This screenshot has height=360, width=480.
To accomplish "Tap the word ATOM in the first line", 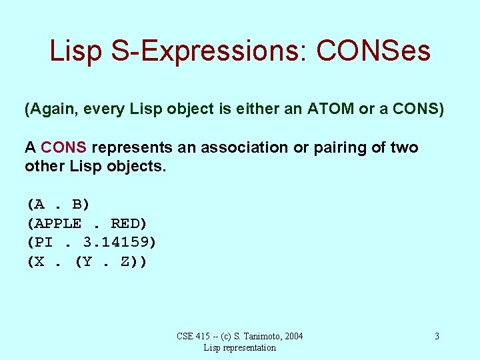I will (x=331, y=109).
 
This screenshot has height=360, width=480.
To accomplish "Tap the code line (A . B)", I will (x=58, y=204).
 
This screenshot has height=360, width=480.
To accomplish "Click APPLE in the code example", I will (x=58, y=223).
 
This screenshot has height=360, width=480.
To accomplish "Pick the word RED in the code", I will (x=128, y=223).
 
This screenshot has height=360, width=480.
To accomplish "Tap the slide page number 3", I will (x=437, y=336).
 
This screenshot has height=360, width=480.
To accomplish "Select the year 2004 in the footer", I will (x=292, y=336).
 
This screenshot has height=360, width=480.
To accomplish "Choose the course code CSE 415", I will (x=192, y=336).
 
